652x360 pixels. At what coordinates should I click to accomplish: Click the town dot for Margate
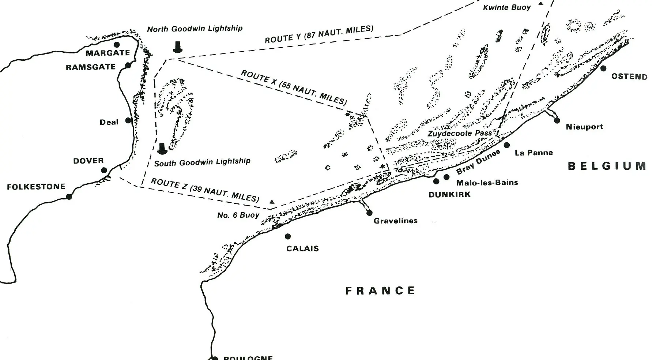coord(117,45)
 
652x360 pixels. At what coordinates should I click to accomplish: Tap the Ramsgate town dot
coord(128,65)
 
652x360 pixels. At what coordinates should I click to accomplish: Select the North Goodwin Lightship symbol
coord(178,47)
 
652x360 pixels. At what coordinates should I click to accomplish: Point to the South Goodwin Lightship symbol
coord(162,149)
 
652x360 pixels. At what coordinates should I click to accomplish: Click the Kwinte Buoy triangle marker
coord(540,4)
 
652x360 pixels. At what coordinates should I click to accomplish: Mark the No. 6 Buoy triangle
coord(272,202)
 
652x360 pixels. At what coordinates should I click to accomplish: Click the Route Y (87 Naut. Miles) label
coord(319,34)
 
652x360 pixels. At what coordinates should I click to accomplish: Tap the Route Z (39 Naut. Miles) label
coord(205,190)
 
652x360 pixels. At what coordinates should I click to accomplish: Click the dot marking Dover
coord(104,170)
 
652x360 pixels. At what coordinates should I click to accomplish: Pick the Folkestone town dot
coord(69,196)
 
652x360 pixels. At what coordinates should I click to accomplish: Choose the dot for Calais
coord(288,236)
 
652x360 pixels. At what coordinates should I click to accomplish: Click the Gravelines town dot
coord(369,213)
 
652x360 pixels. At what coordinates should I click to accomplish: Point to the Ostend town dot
coord(603,68)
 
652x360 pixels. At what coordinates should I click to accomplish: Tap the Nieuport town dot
coord(557,120)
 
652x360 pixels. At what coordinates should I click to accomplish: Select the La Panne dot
coord(507,145)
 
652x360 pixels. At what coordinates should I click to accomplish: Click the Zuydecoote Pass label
coord(460,133)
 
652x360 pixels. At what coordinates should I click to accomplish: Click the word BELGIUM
coord(607,166)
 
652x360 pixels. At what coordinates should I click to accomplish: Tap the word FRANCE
coord(380,291)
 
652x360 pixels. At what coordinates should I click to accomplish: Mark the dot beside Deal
coord(128,120)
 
